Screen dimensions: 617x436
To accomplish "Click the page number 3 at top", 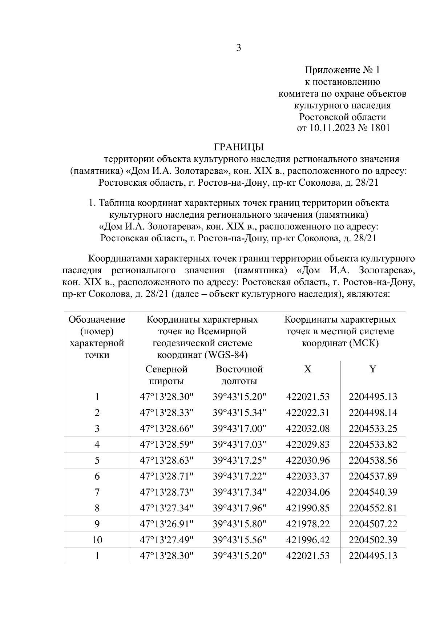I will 239,48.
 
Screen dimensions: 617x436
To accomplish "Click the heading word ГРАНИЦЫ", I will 238,147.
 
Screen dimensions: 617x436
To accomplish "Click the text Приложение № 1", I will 342,70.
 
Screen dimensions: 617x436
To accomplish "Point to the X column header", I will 307,370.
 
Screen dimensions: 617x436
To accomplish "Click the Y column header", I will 373,370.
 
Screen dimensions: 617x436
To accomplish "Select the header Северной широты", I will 166,375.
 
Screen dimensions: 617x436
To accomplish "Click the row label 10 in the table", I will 97,540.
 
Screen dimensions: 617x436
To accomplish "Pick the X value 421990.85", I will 308,508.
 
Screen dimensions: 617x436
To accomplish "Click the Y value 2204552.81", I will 373,508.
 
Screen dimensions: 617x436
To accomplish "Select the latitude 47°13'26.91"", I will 167,524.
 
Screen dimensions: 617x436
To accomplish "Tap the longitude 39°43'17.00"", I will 239,429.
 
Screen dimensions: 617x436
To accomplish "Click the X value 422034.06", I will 308,492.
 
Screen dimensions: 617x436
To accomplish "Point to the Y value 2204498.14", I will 373,413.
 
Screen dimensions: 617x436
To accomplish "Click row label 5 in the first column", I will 97,460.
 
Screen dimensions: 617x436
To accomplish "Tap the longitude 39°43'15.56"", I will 239,540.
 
